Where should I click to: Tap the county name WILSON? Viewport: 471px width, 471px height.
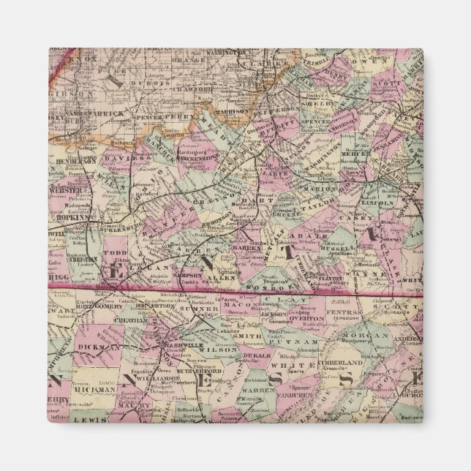click(226, 350)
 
